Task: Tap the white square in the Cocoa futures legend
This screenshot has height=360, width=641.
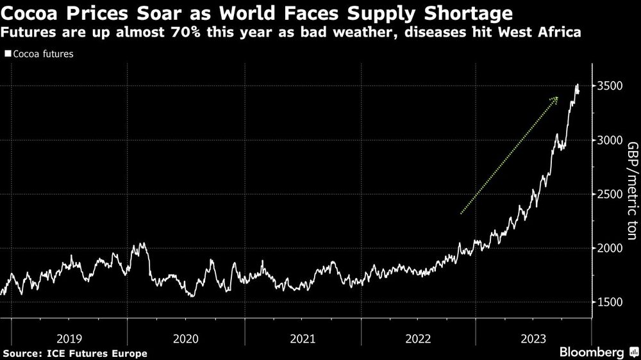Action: pos(8,54)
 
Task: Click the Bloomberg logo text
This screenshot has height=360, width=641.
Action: pos(592,352)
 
